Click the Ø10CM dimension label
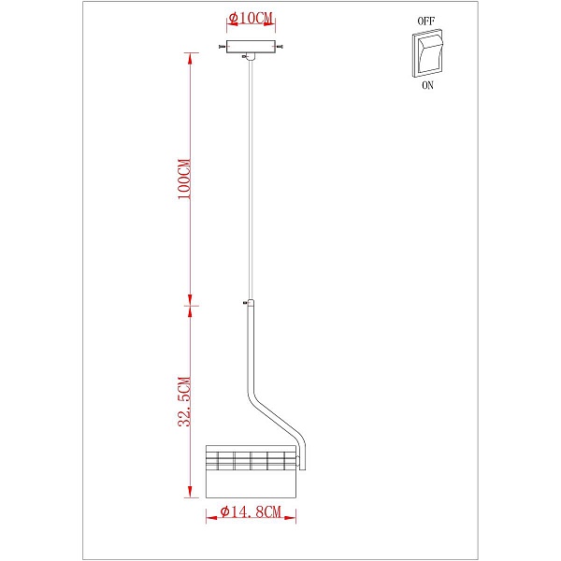click(251, 19)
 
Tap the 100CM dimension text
click(184, 179)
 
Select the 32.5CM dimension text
click(184, 401)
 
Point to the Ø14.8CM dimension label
click(251, 511)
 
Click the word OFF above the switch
click(426, 22)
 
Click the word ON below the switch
click(427, 85)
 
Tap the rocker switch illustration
click(427, 53)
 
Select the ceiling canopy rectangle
click(251, 47)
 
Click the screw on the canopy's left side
click(223, 47)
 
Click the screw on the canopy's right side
click(280, 47)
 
